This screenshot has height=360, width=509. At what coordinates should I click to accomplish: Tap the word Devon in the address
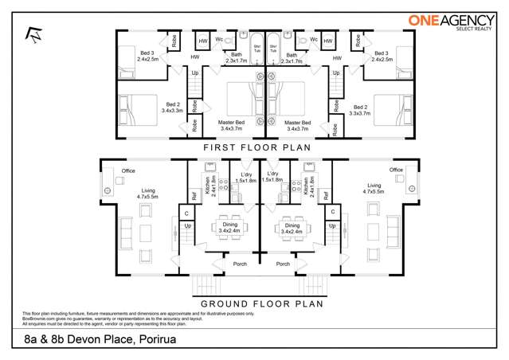pyautogui.click(x=85, y=340)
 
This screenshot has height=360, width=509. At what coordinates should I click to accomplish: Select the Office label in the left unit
pyautogui.click(x=127, y=170)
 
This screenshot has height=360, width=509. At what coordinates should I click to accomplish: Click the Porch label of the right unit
pyautogui.click(x=283, y=264)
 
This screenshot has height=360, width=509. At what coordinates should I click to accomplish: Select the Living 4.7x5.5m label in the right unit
pyautogui.click(x=373, y=188)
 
